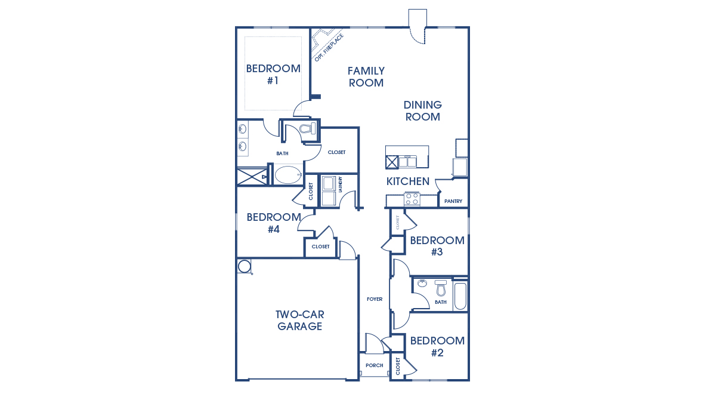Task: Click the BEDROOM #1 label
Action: point(273,74)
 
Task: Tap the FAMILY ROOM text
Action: point(366,77)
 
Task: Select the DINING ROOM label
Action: point(422,111)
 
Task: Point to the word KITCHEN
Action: point(408,181)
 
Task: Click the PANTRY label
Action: point(453,201)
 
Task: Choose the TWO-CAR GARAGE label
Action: point(300,320)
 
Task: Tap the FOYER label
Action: point(375,299)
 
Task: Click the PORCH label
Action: point(374,365)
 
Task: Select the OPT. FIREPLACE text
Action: point(329,48)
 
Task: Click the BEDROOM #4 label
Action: point(274,223)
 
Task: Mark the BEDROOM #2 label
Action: point(437,346)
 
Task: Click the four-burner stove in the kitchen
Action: point(412,199)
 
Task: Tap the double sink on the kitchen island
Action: point(407,162)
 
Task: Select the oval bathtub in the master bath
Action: point(288,176)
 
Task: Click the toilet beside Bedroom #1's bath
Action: point(307,129)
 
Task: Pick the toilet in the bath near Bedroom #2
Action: point(441,289)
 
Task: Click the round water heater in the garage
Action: point(244,266)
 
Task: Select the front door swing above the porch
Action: point(373,344)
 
